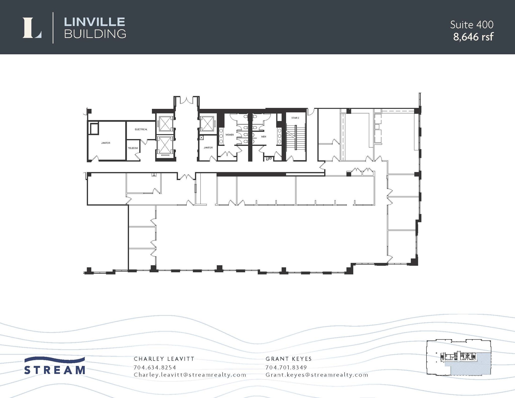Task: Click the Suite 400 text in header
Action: [471, 25]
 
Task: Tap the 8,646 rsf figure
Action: [473, 37]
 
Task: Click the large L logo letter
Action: [32, 28]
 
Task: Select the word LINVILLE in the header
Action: [94, 22]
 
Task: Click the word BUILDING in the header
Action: [95, 34]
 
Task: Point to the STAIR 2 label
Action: [295, 118]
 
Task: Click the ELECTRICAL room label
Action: [141, 129]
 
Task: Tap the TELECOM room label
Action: [133, 148]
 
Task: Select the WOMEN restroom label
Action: [229, 135]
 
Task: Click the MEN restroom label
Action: [264, 137]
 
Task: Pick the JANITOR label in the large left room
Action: [106, 143]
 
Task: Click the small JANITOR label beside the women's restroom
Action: [208, 148]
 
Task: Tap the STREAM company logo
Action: [55, 366]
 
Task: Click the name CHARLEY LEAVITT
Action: [164, 359]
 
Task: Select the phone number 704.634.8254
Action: [155, 367]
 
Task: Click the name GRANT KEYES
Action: [288, 359]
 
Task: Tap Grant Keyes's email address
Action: [317, 375]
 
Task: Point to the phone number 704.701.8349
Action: [286, 367]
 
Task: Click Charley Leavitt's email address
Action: [190, 375]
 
